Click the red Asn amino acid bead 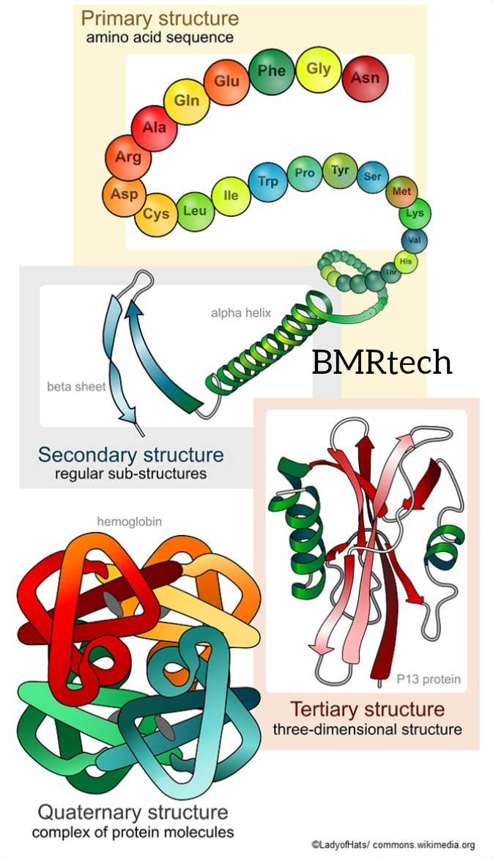(x=365, y=77)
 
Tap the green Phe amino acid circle (x=272, y=71)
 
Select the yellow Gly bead (x=319, y=70)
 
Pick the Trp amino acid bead (x=268, y=180)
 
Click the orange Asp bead (x=124, y=195)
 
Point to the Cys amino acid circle (x=155, y=213)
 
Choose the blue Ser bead (x=372, y=177)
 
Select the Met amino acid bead (x=401, y=191)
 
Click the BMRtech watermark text (x=382, y=362)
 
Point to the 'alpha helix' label (x=241, y=313)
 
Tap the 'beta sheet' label (x=76, y=386)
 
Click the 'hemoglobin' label (x=130, y=521)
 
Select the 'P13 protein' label (x=429, y=679)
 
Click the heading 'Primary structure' (x=160, y=17)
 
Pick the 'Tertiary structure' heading (x=367, y=709)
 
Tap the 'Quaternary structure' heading (x=133, y=812)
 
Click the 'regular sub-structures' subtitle (x=130, y=473)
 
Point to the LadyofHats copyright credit (x=393, y=844)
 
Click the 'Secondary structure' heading (x=130, y=454)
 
